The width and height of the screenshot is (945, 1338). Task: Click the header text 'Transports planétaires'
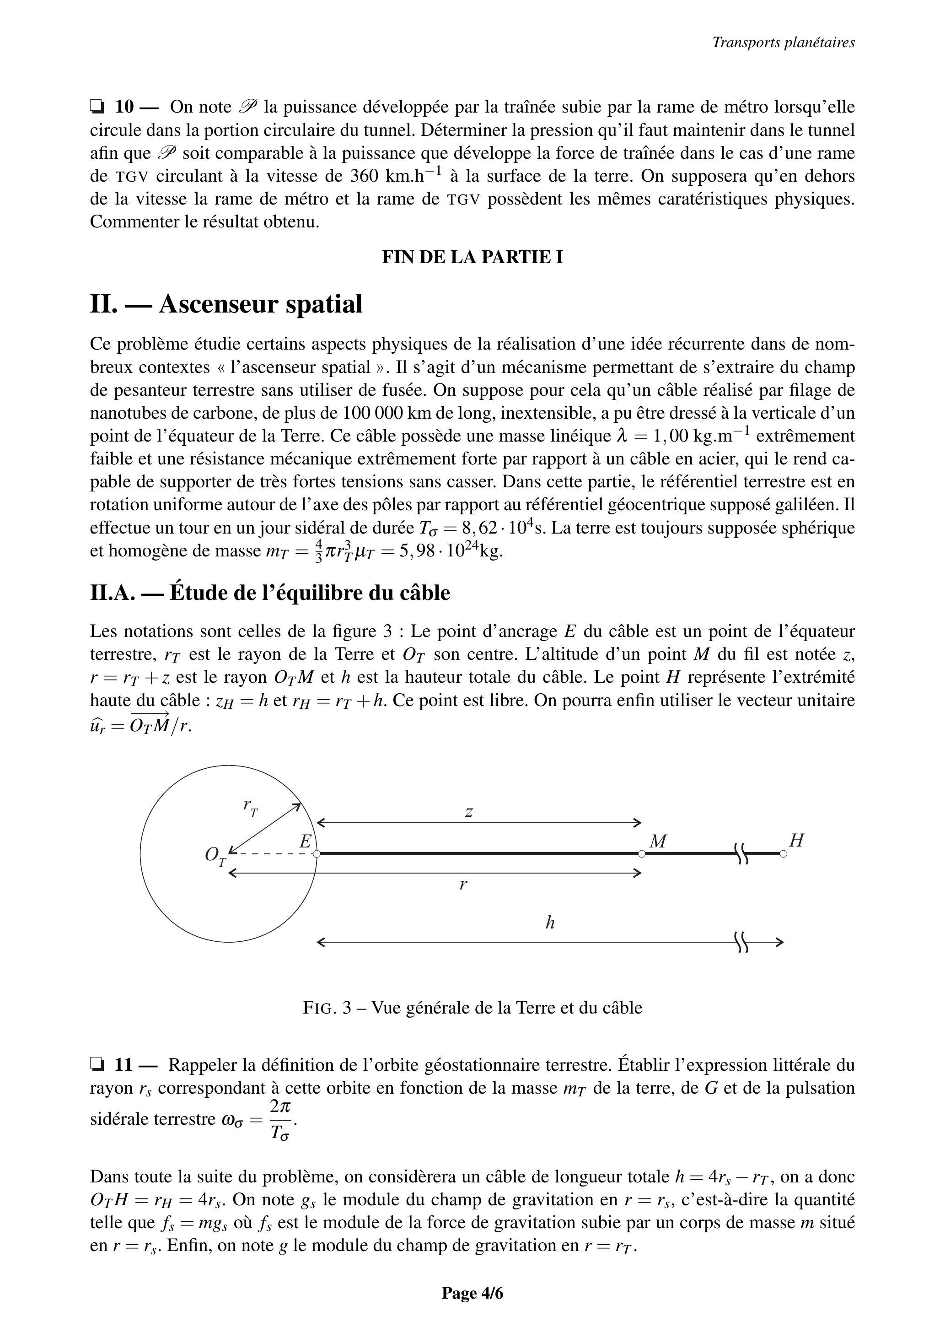783,43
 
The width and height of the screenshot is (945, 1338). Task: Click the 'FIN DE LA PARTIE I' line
472,257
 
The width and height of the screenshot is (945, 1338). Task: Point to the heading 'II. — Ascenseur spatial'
226,304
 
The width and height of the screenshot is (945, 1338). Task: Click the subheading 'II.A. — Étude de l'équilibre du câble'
270,593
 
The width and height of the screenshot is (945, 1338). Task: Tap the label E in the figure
305,842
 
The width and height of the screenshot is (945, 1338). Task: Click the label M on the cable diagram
658,841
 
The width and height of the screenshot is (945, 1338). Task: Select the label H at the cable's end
796,840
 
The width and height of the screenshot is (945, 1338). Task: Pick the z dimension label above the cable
468,811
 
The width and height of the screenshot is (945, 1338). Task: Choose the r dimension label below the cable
463,885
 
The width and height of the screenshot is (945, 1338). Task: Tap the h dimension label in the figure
549,923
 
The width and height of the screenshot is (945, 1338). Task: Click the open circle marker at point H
783,854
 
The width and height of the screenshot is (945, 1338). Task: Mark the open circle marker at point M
641,854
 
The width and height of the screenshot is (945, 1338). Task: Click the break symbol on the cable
741,854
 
